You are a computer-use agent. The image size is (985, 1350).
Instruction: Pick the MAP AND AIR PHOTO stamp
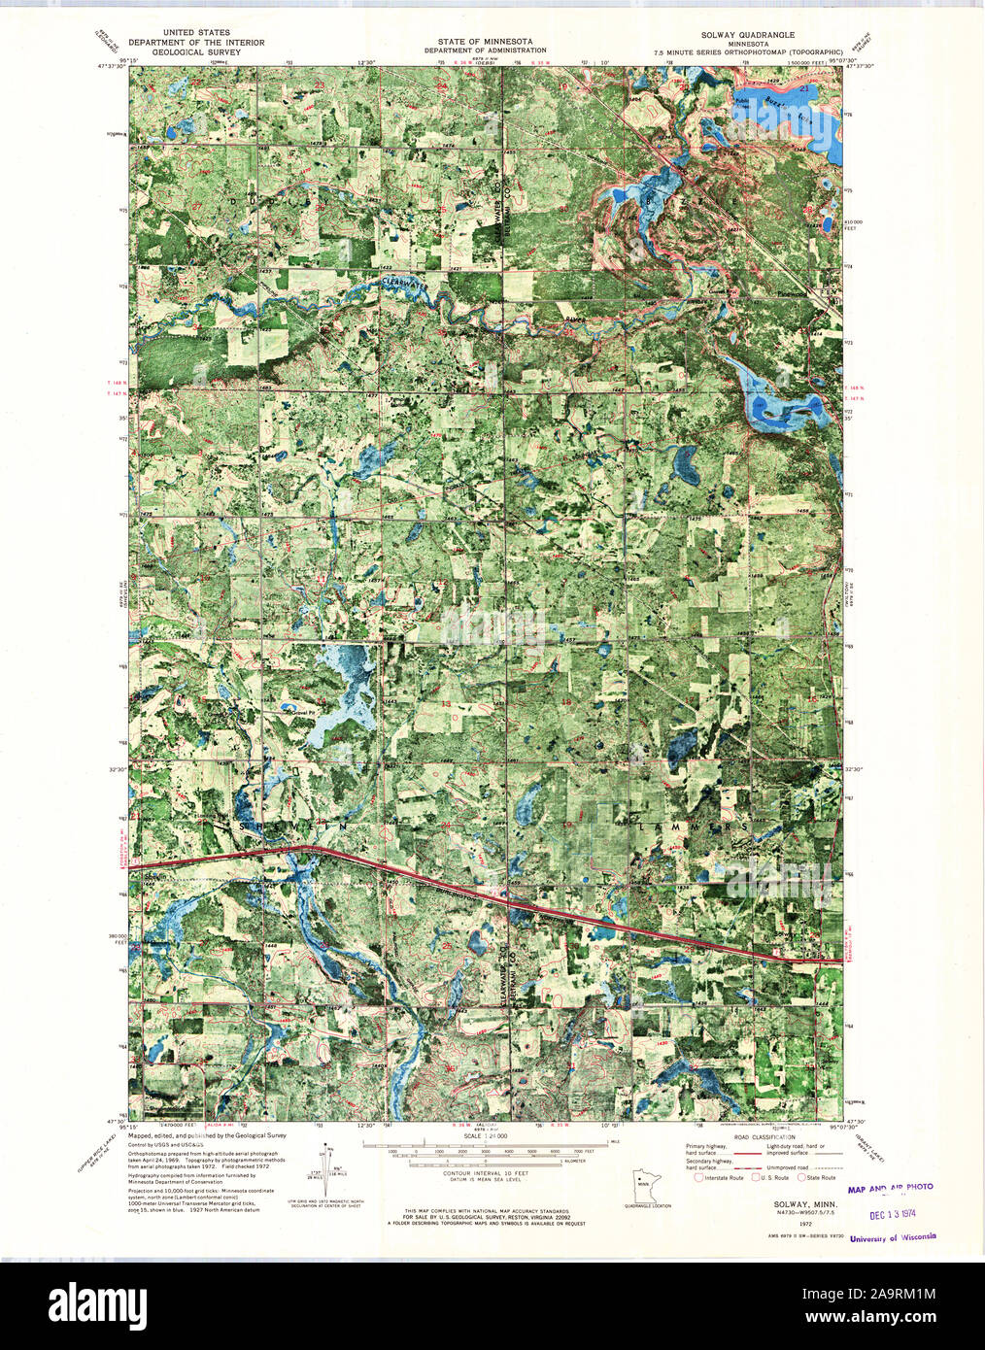coord(890,1187)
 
